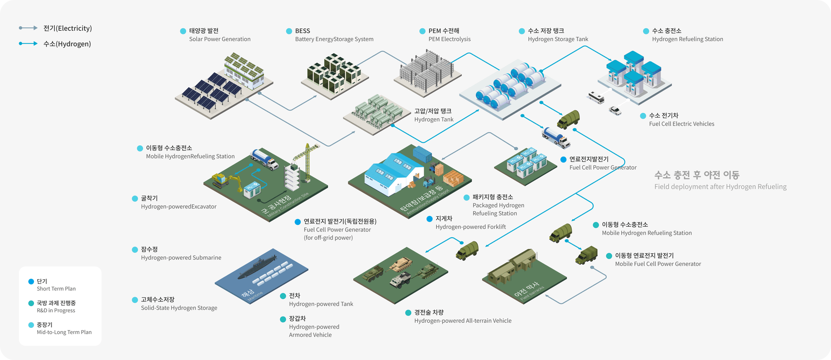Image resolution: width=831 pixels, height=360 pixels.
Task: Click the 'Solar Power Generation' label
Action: click(x=220, y=39)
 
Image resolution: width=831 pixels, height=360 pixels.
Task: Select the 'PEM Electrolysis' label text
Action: click(x=449, y=39)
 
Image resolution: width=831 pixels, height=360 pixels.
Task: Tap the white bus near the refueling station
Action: click(x=596, y=97)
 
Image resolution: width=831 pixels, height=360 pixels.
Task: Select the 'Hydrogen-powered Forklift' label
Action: click(x=470, y=227)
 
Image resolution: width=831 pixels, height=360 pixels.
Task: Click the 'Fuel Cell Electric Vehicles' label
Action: click(x=681, y=124)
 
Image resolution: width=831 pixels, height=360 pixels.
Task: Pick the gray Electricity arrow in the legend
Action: click(x=28, y=28)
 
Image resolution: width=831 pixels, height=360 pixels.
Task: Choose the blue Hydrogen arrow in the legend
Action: click(x=28, y=43)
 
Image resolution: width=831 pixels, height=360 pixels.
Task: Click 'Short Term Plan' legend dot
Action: click(x=31, y=281)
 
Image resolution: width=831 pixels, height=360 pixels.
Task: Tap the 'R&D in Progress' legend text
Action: click(x=56, y=310)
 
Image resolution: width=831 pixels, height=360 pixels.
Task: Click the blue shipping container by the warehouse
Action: click(x=423, y=154)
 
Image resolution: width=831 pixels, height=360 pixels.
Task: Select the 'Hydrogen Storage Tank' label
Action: click(x=558, y=39)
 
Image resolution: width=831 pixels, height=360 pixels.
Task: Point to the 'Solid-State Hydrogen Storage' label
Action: click(x=179, y=308)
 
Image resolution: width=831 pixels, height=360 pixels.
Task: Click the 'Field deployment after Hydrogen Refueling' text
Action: click(x=720, y=187)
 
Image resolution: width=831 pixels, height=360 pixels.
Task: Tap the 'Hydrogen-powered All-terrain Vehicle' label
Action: click(x=463, y=321)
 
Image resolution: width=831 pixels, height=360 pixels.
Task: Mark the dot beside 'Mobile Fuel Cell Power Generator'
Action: click(x=609, y=256)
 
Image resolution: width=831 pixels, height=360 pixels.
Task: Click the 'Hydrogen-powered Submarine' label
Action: click(x=181, y=257)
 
